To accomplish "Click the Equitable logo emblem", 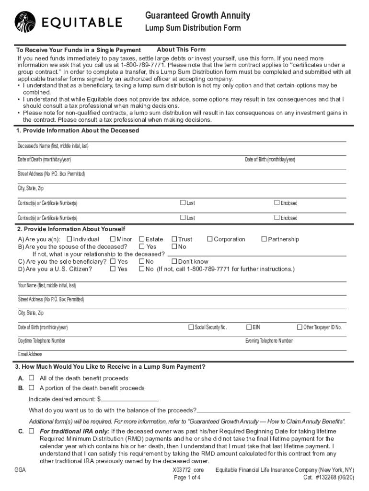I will [25, 21].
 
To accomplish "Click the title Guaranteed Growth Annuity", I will [197, 16].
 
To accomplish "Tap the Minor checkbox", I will [113, 239].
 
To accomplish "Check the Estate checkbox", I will [142, 239].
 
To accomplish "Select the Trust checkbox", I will [174, 239].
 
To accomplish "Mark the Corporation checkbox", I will [210, 239].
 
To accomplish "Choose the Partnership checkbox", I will [264, 239].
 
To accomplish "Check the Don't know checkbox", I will [174, 262].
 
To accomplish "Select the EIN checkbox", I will [249, 327].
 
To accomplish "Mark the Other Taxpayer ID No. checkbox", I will [300, 327].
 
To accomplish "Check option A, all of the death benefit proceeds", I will [32, 378].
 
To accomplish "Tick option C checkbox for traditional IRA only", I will [32, 431].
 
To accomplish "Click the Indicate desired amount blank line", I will [129, 399].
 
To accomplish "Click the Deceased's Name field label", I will [53, 146].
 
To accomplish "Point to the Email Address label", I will [30, 354].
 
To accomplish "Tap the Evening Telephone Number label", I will [269, 341].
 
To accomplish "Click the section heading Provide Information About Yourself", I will [70, 229].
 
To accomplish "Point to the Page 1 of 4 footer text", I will [187, 478].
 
